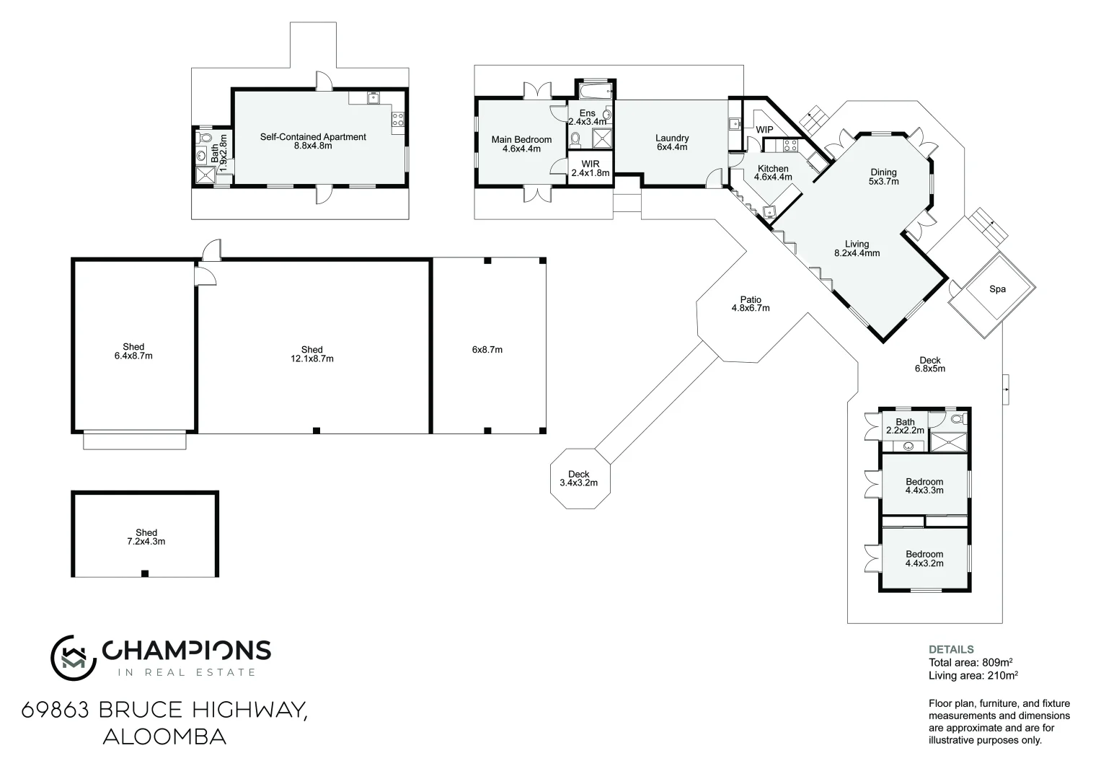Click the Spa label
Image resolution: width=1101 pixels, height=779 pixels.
[x=996, y=289]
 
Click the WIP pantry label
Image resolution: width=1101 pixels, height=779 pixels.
[x=764, y=130]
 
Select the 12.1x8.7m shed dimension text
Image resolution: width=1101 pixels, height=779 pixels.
[x=311, y=358]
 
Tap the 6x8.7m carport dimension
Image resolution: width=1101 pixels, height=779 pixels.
[x=487, y=350]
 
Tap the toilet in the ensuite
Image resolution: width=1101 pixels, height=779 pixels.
[x=575, y=138]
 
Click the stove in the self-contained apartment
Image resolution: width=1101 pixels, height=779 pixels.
[x=397, y=119]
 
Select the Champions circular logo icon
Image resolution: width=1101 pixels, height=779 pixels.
[x=74, y=657]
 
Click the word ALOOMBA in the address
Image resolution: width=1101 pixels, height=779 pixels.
[x=164, y=737]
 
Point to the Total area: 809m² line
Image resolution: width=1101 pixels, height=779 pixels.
[x=971, y=662]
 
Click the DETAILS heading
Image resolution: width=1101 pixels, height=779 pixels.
[x=951, y=649]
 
